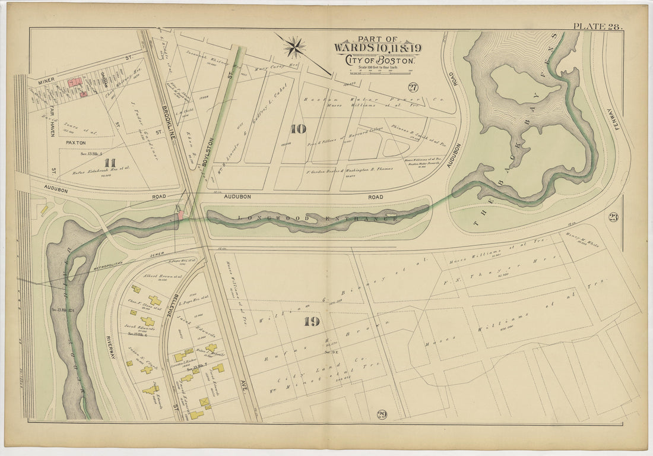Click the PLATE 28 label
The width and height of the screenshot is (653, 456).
pyautogui.click(x=597, y=26)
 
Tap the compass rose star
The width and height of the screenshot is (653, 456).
pyautogui.click(x=294, y=46)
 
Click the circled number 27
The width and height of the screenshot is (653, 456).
pyautogui.click(x=413, y=87)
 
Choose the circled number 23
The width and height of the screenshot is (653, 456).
pyautogui.click(x=613, y=217)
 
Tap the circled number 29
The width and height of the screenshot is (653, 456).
pyautogui.click(x=381, y=414)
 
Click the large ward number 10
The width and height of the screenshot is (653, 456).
pyautogui.click(x=297, y=128)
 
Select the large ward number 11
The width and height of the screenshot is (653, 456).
pyautogui.click(x=109, y=162)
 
